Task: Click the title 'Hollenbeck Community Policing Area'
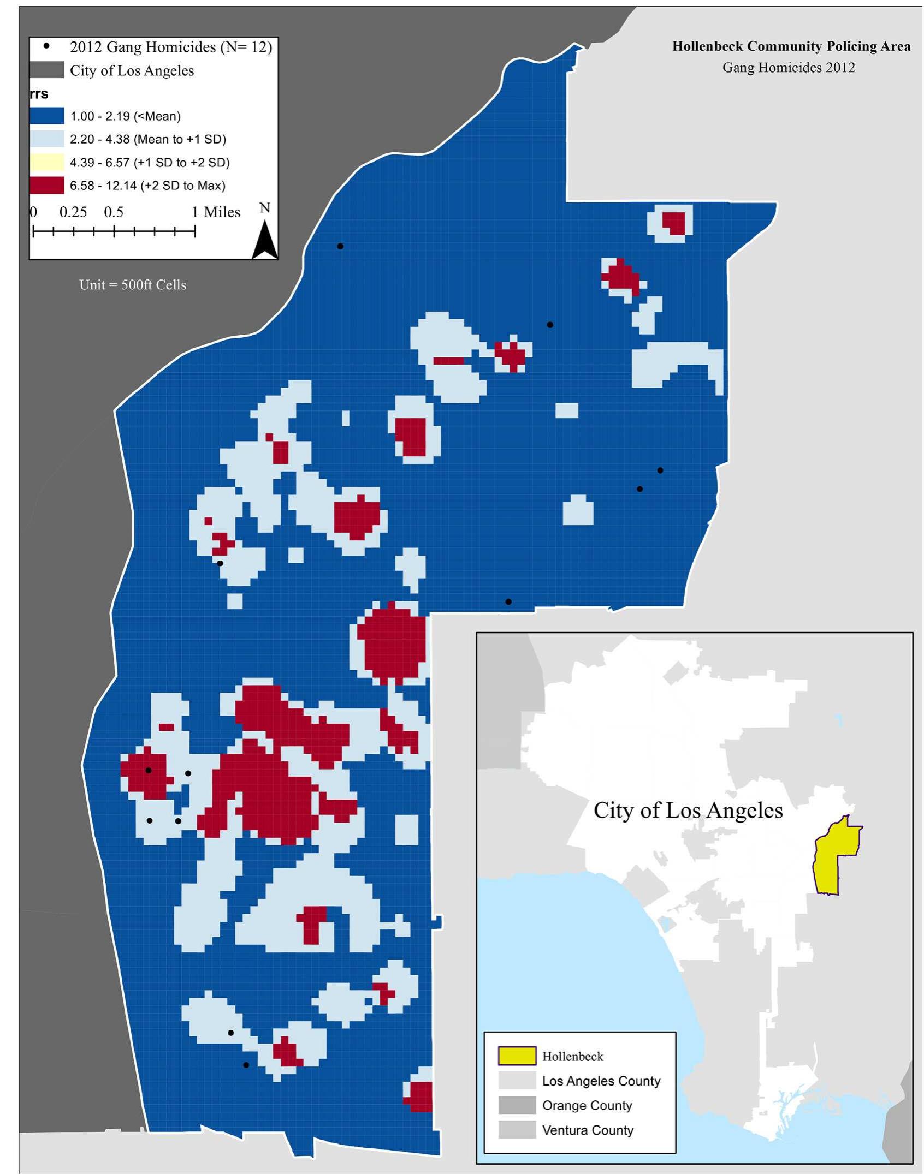791,46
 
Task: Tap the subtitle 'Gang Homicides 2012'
788,68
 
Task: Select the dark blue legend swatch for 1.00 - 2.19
46,116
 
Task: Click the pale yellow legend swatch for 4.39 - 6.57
46,162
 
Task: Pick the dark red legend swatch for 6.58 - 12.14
46,186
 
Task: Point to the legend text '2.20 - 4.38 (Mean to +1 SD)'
148,139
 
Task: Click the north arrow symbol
265,240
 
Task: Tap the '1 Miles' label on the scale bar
216,212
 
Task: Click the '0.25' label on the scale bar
73,212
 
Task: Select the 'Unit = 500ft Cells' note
133,285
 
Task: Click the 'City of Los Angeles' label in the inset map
688,810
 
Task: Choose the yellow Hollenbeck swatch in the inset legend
516,1056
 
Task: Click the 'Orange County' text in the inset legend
587,1105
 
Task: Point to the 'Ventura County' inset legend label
588,1130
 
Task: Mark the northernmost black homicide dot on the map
340,246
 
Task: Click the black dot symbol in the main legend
46,46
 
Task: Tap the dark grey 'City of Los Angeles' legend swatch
46,70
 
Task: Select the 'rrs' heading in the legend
39,94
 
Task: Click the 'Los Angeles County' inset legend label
601,1081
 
